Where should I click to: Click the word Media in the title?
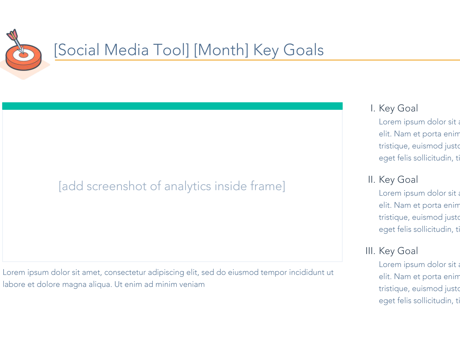[126, 50]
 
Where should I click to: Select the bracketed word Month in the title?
[221, 50]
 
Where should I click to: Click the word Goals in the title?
[303, 50]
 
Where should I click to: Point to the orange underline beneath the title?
[255, 60]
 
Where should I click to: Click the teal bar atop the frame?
[172, 106]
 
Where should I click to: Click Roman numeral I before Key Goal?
[373, 108]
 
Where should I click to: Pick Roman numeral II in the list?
[371, 180]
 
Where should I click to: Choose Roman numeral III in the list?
[370, 251]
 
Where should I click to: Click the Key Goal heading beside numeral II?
[398, 180]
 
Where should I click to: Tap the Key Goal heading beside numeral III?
[398, 251]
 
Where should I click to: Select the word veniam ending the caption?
[192, 284]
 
